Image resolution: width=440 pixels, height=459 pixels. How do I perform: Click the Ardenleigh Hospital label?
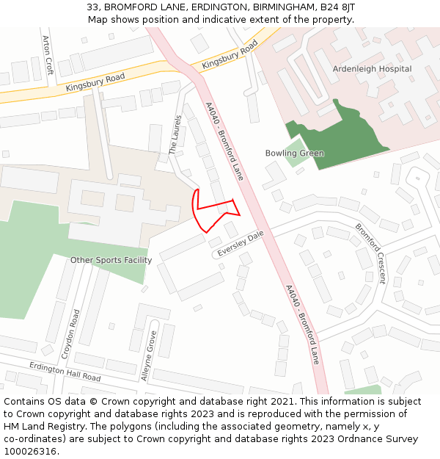(372, 69)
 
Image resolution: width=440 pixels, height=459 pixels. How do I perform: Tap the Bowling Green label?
(295, 153)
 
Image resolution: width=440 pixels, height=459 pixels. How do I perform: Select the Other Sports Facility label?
(111, 260)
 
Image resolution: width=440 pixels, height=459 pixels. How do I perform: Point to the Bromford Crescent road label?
(370, 253)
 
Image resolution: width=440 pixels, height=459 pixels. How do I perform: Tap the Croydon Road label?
(71, 333)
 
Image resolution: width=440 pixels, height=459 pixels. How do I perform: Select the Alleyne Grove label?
(148, 356)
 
